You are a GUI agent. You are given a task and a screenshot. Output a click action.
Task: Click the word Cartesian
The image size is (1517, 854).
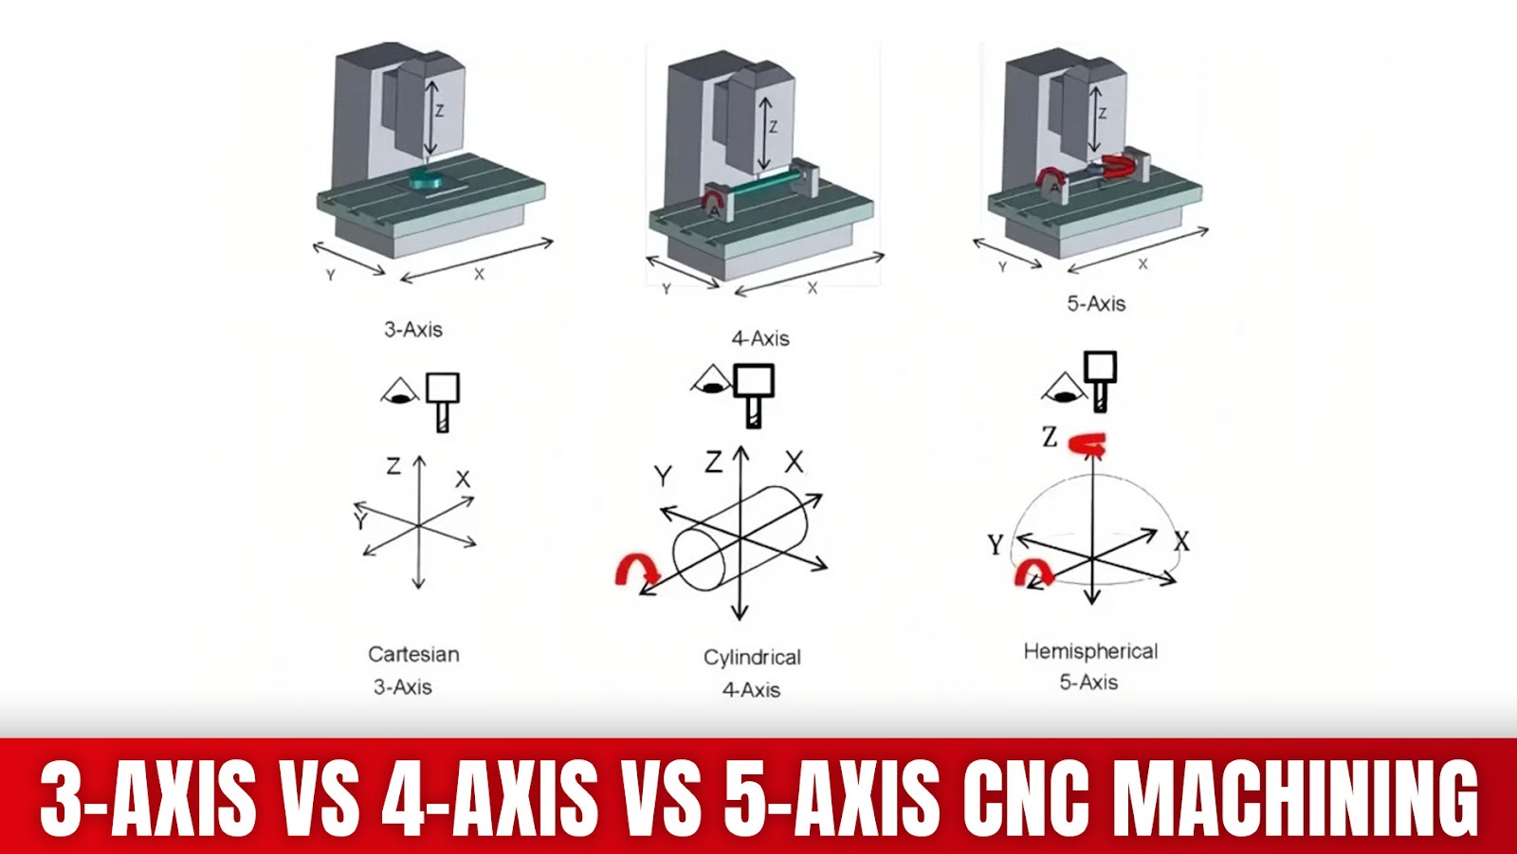click(x=413, y=654)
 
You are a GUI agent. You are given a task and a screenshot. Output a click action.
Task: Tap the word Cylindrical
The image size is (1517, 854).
click(x=752, y=658)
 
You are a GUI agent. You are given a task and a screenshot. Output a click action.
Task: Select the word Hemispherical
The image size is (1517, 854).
click(x=1090, y=651)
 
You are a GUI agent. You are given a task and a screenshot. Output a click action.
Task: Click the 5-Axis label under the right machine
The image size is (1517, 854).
click(x=1096, y=304)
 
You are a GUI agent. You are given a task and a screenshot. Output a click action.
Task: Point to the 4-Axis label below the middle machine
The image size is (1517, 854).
click(x=760, y=338)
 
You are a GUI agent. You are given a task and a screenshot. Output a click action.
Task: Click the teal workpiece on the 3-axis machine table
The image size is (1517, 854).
click(x=427, y=181)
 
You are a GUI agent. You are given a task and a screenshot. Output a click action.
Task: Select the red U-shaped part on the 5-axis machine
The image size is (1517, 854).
click(x=1121, y=167)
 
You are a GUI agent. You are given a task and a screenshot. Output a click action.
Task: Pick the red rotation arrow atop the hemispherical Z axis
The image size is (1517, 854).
click(x=1087, y=445)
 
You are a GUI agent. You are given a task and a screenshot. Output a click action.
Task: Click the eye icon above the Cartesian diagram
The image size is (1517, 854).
click(x=400, y=391)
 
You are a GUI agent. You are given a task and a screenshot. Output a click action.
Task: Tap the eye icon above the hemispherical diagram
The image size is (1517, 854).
click(x=1063, y=388)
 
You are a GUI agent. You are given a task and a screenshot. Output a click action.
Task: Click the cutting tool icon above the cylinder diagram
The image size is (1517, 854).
click(x=754, y=395)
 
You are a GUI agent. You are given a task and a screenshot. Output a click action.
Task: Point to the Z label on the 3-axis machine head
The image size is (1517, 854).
click(x=440, y=111)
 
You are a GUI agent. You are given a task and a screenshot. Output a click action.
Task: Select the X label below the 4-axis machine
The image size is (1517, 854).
click(x=812, y=288)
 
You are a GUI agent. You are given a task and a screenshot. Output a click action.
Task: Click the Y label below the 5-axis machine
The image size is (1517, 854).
click(x=1002, y=267)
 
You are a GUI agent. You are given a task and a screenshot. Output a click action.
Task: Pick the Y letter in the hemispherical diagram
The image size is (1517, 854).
click(x=995, y=544)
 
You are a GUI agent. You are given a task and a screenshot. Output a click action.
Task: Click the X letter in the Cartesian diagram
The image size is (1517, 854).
click(x=463, y=480)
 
